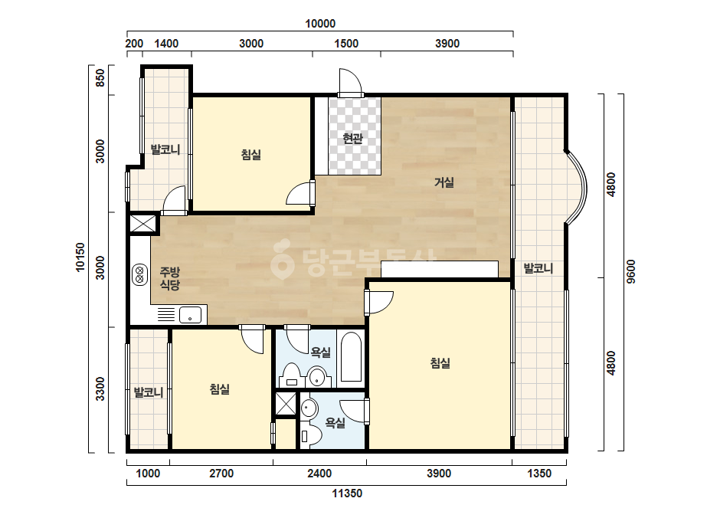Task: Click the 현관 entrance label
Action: click(352, 138)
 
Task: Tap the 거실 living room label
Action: click(444, 182)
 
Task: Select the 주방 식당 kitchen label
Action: click(170, 278)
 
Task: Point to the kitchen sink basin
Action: click(190, 314)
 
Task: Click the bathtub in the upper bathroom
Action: click(351, 357)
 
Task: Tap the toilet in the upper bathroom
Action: click(291, 375)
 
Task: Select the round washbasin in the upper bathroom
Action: click(317, 376)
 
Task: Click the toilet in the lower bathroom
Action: click(311, 436)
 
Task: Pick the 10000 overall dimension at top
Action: click(320, 24)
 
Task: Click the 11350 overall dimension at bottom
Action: click(347, 493)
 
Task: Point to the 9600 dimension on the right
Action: click(631, 271)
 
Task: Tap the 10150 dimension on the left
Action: click(80, 257)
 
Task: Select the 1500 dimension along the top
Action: click(346, 44)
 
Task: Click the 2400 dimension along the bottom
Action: click(319, 474)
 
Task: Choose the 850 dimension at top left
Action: click(100, 77)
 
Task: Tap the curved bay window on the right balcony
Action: click(577, 187)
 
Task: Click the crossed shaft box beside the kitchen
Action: click(142, 223)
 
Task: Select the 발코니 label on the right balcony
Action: click(538, 268)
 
